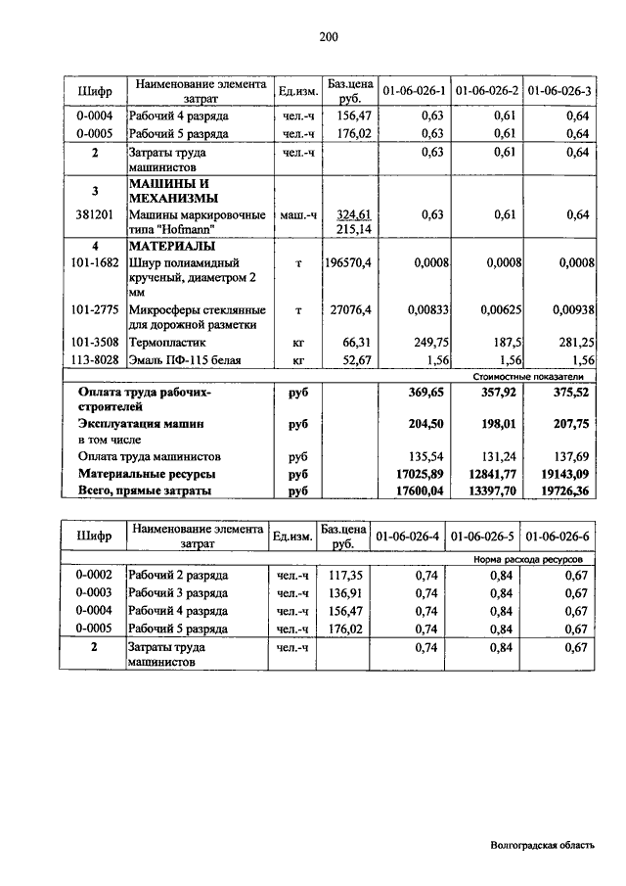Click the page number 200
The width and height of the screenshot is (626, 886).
point(328,37)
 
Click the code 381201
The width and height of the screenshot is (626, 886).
point(95,215)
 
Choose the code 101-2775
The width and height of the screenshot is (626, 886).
point(95,310)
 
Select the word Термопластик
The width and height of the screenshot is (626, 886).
point(168,343)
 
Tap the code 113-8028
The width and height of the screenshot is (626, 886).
point(95,360)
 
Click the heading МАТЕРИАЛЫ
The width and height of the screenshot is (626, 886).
point(173,246)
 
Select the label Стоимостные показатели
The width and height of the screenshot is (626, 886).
point(527,376)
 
